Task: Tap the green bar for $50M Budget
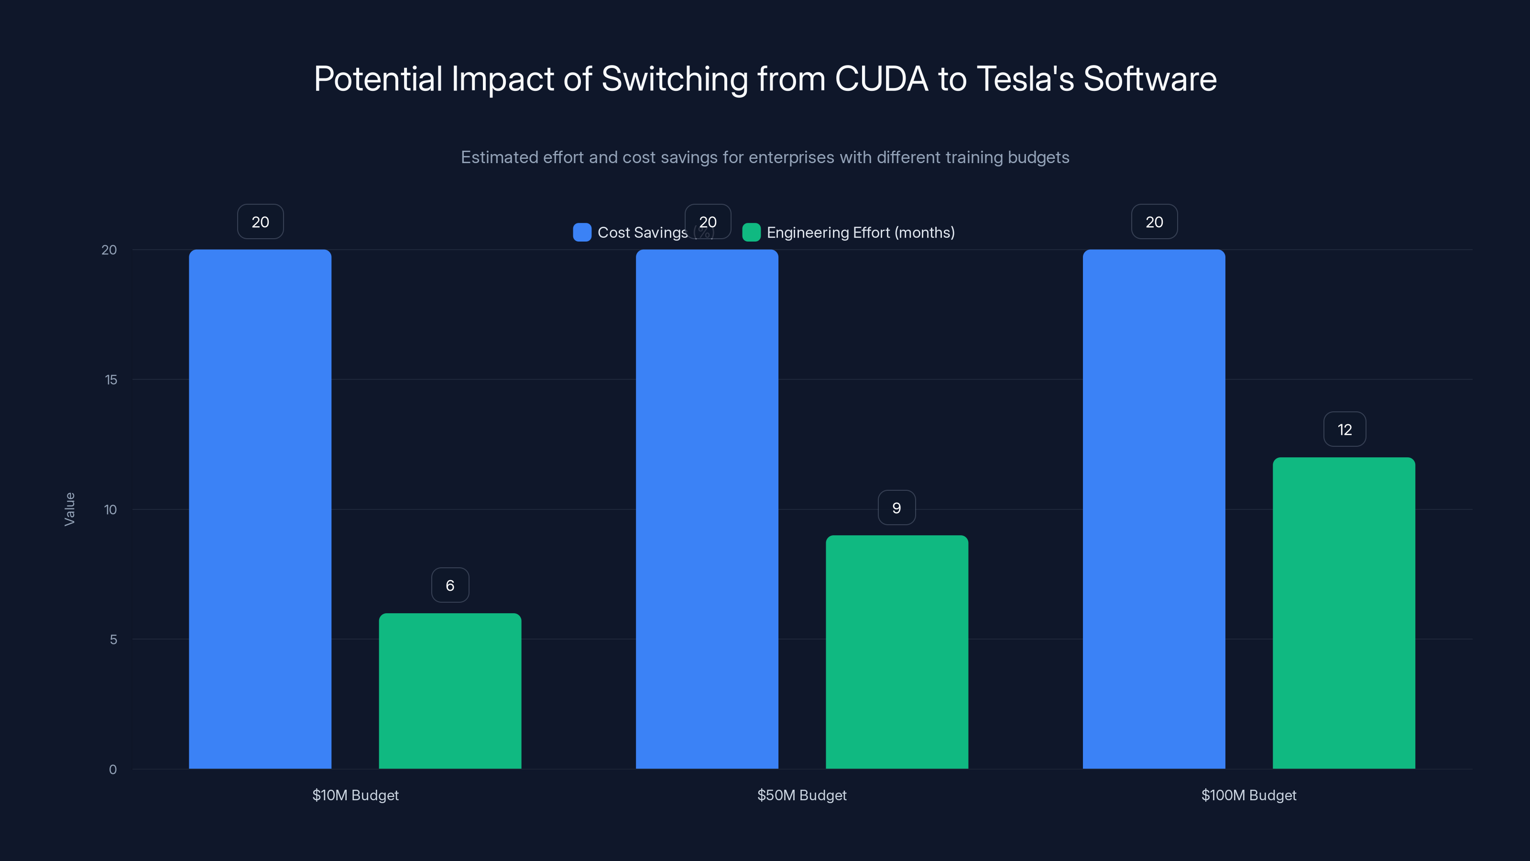click(x=897, y=652)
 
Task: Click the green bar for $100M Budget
click(x=1344, y=613)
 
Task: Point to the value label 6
click(x=449, y=585)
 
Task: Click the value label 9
click(x=896, y=508)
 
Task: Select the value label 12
click(x=1344, y=430)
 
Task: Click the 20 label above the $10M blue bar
click(x=260, y=221)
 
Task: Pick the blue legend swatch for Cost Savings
click(x=582, y=232)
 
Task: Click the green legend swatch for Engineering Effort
click(x=751, y=232)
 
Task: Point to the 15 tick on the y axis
click(x=111, y=380)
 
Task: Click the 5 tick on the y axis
click(x=113, y=640)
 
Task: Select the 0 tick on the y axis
click(x=113, y=770)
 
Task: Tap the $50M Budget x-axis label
click(x=801, y=795)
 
